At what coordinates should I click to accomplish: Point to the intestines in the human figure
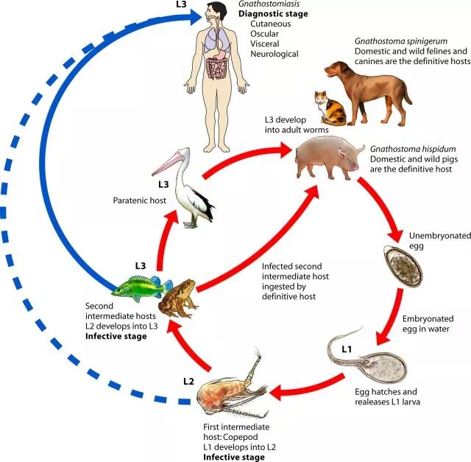tap(220, 70)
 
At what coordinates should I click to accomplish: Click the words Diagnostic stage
tap(273, 14)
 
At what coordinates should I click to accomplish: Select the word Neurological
tap(274, 55)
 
